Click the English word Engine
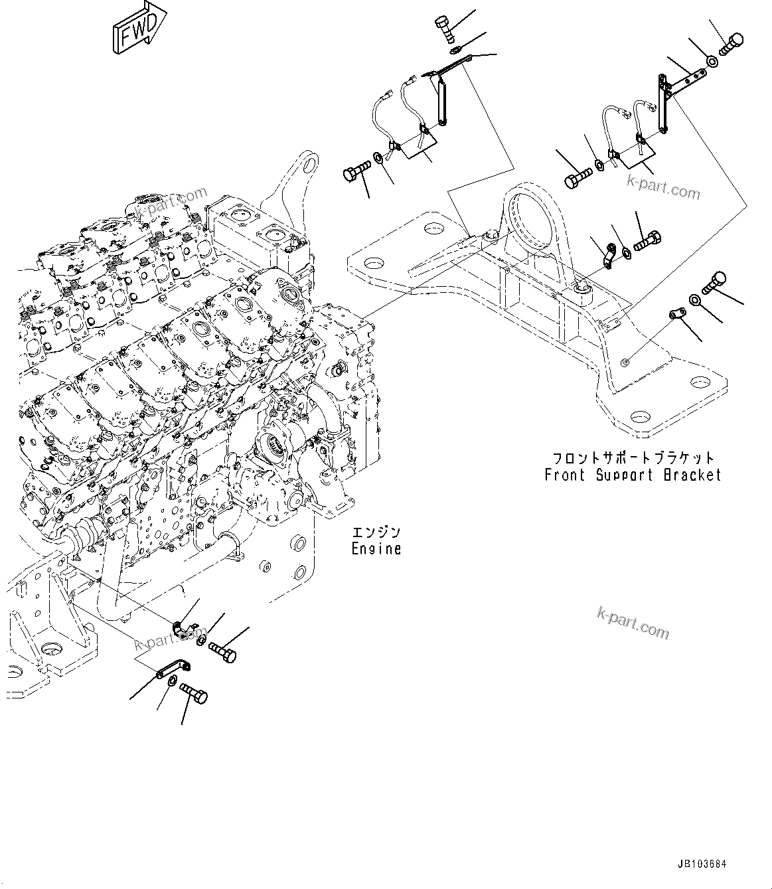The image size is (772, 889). coord(376,549)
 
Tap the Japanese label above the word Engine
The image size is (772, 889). coord(376,532)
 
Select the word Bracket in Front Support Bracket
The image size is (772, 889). coord(692,475)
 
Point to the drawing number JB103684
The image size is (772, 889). coord(702,864)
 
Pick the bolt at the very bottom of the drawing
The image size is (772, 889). coord(194,695)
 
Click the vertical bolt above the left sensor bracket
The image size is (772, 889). coord(444,29)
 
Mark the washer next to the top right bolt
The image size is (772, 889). coord(711,62)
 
